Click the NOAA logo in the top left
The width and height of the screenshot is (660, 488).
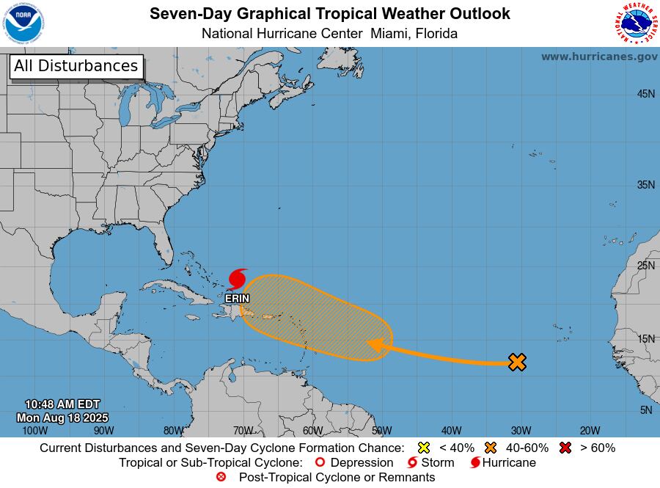25,23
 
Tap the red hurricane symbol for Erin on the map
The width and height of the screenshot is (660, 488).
237,280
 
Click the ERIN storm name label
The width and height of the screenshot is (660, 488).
237,299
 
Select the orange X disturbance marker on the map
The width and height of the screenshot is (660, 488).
517,361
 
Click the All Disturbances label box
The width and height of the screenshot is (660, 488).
76,66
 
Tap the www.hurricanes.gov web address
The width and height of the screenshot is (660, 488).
599,57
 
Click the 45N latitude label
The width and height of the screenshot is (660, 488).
645,94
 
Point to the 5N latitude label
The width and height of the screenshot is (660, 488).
645,410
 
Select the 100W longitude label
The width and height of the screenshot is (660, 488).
34,431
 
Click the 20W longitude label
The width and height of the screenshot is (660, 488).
590,431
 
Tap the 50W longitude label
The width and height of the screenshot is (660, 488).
381,431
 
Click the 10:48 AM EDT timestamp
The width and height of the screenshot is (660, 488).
62,404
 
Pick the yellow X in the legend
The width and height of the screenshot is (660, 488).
423,448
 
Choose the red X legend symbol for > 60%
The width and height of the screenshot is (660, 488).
565,448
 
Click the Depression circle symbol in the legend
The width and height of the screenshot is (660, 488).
319,462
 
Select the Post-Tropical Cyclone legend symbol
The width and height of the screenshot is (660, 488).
221,477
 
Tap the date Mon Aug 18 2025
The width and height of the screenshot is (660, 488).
62,418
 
